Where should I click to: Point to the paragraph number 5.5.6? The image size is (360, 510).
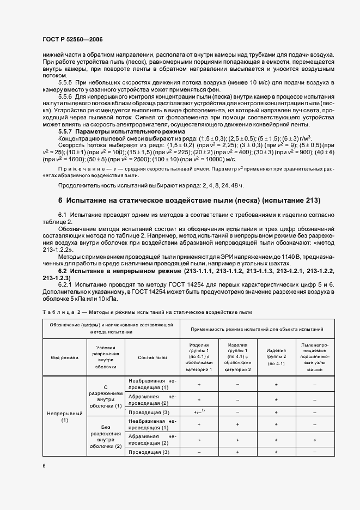(x=66, y=95)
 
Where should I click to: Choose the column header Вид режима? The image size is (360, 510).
(x=65, y=358)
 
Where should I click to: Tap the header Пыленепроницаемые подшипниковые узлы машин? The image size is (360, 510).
(x=315, y=358)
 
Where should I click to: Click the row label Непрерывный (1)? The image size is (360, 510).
(x=65, y=417)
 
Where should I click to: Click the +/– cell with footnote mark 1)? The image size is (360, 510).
(x=199, y=412)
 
